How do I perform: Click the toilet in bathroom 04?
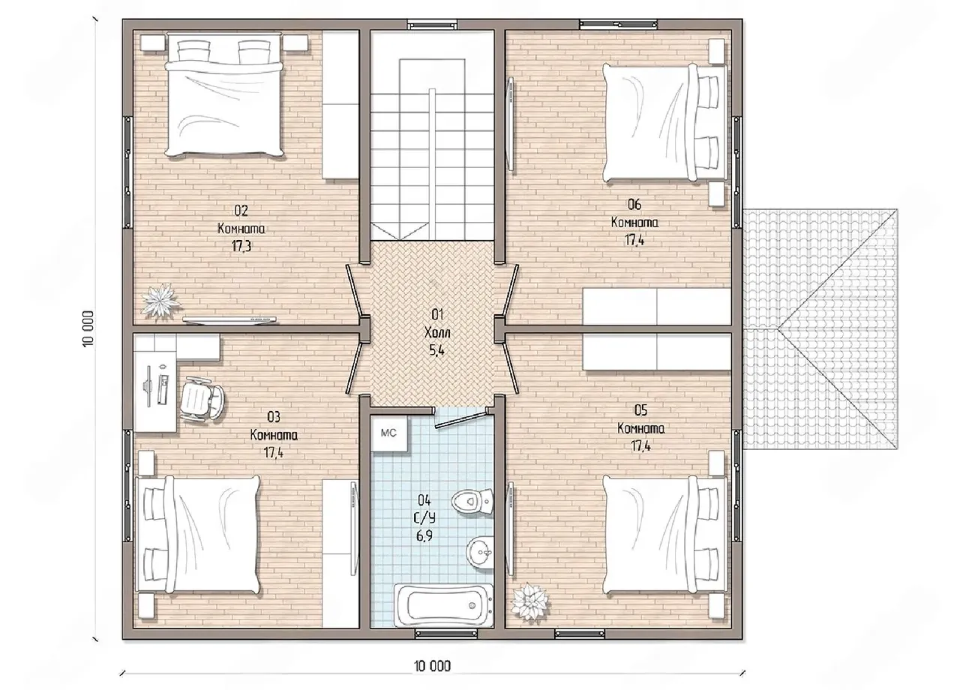(x=472, y=500)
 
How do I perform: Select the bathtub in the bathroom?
(x=443, y=604)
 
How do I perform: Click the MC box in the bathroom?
(x=389, y=433)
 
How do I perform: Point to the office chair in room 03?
(x=202, y=399)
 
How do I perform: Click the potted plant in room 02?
(x=160, y=300)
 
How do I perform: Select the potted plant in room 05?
(x=531, y=601)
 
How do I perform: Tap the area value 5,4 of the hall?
(x=436, y=350)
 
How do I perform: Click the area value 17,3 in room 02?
(x=241, y=246)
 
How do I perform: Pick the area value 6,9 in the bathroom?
(x=424, y=535)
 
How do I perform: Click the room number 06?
(x=634, y=205)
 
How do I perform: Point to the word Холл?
(x=437, y=332)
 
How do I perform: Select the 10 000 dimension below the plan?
(x=433, y=666)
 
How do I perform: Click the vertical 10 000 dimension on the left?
(x=88, y=329)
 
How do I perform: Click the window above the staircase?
(x=432, y=24)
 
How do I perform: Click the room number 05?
(x=640, y=410)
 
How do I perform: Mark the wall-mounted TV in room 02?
(x=229, y=319)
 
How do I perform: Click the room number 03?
(x=274, y=416)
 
